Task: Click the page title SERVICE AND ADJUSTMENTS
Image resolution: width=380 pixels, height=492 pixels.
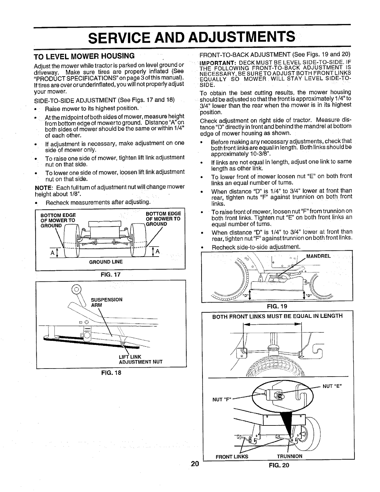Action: point(191,37)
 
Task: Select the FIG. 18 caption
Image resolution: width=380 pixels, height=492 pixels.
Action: point(110,373)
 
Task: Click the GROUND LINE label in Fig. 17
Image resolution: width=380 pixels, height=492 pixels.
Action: point(106,262)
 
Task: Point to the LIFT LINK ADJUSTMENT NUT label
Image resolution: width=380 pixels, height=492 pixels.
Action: point(137,359)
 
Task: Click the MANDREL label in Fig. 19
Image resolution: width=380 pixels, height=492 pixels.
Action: point(318,257)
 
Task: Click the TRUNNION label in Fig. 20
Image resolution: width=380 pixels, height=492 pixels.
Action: point(289,457)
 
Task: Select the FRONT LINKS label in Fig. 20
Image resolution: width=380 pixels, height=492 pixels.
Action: point(232,457)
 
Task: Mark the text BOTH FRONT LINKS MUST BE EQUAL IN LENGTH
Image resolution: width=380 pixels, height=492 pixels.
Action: point(277,316)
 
